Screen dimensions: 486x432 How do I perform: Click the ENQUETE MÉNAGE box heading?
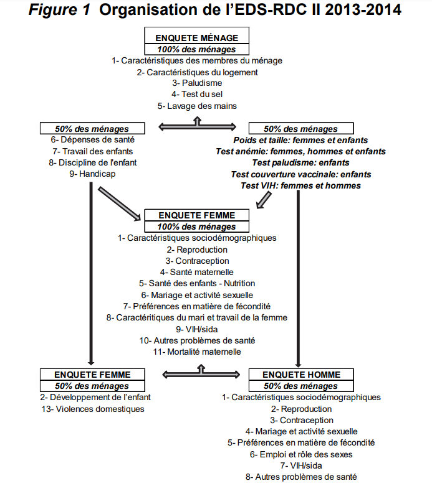pyautogui.click(x=197, y=39)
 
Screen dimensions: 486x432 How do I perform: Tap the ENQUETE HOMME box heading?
pyautogui.click(x=301, y=375)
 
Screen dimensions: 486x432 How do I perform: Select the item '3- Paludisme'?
pyautogui.click(x=197, y=83)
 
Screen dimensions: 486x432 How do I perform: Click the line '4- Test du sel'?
pyautogui.click(x=197, y=95)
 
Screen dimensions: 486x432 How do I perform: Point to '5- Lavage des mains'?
pyautogui.click(x=197, y=106)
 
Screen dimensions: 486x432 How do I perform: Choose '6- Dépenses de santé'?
pyautogui.click(x=92, y=140)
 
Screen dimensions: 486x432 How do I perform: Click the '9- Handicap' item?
pyautogui.click(x=92, y=174)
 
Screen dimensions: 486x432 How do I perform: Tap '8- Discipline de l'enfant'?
pyautogui.click(x=92, y=162)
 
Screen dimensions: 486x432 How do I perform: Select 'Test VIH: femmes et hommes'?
pyautogui.click(x=300, y=185)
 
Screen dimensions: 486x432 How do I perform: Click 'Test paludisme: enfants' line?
pyautogui.click(x=300, y=163)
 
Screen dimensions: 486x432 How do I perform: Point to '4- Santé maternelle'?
pyautogui.click(x=197, y=272)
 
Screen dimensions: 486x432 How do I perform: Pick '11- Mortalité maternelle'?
pyautogui.click(x=197, y=352)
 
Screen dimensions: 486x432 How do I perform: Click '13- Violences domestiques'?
pyautogui.click(x=92, y=409)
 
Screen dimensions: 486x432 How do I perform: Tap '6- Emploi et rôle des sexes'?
pyautogui.click(x=301, y=454)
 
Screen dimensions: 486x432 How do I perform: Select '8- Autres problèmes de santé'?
pyautogui.click(x=301, y=477)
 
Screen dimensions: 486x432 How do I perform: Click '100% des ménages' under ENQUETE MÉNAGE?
pyautogui.click(x=197, y=49)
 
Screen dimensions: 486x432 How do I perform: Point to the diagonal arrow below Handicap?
pyautogui.click(x=119, y=203)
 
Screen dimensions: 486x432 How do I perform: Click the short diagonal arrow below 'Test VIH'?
pyautogui.click(x=264, y=200)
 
